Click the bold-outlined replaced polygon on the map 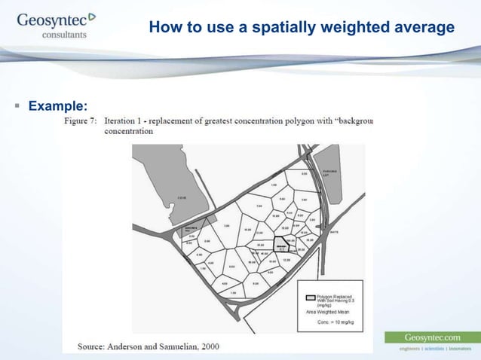click(281, 247)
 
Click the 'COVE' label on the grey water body click(182, 197)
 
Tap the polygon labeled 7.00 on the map click(259, 206)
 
